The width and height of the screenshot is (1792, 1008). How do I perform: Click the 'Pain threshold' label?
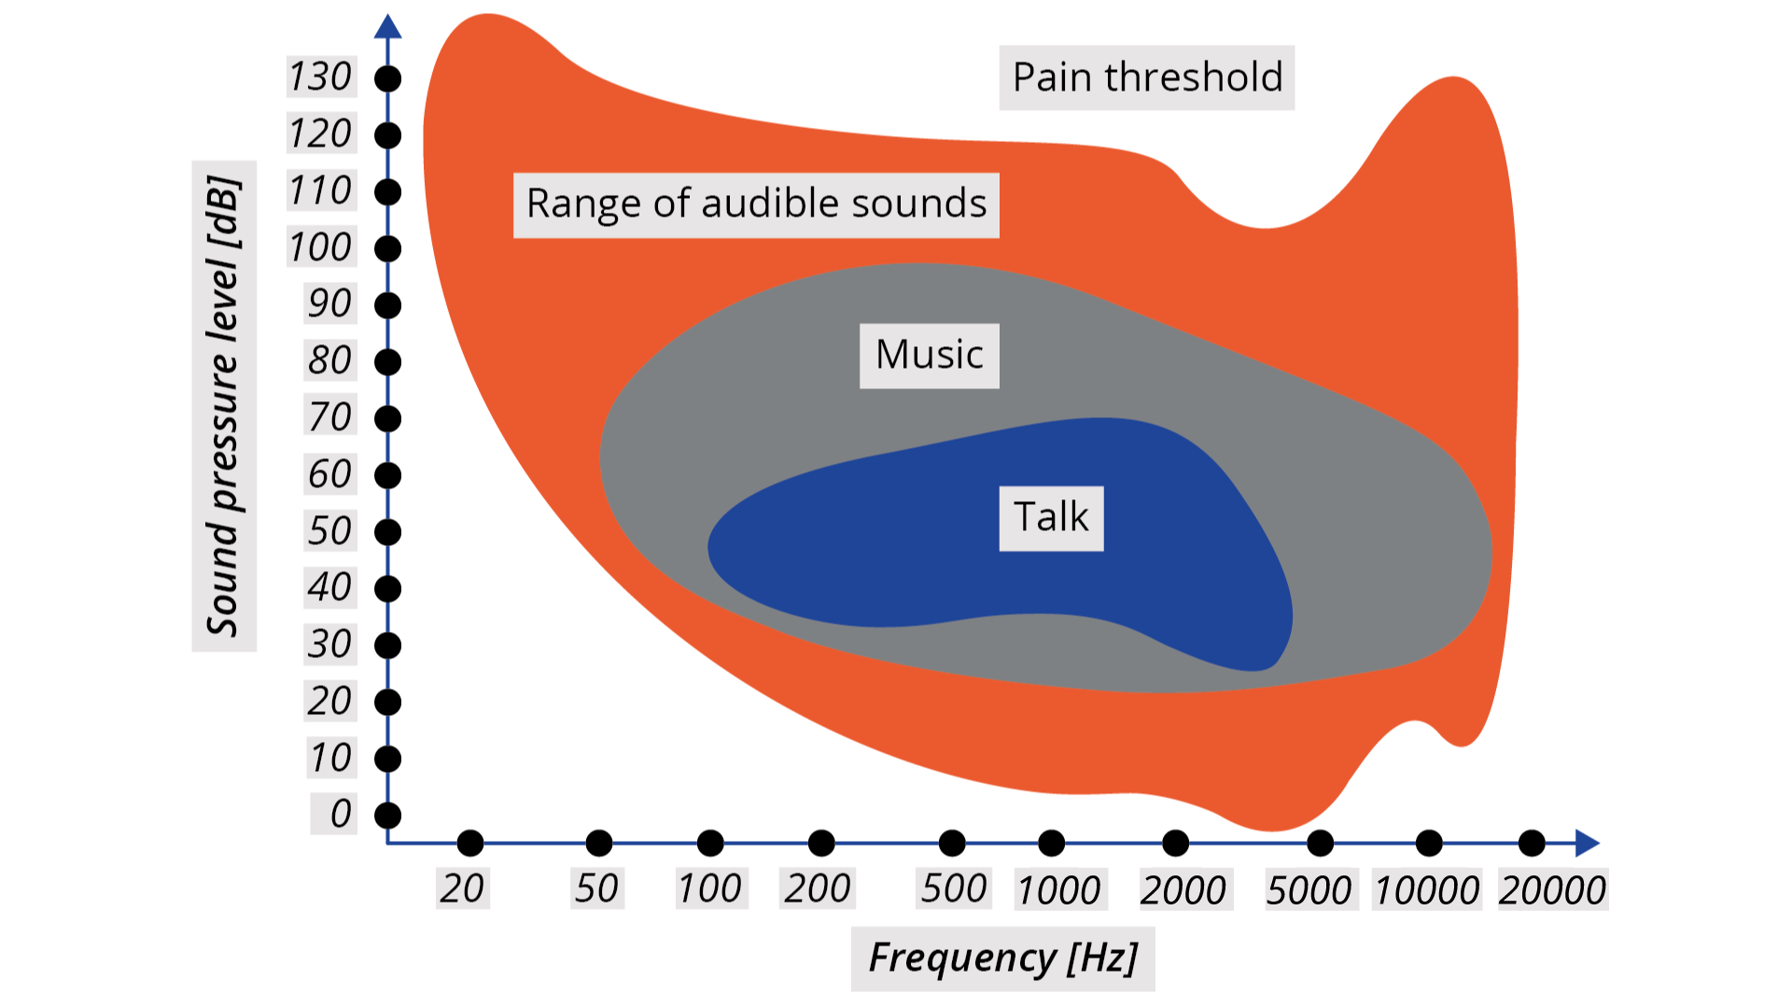1146,77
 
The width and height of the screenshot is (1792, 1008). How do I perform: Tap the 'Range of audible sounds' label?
756,204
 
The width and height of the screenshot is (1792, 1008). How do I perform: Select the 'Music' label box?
929,356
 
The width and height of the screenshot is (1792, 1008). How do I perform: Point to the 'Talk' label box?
1051,518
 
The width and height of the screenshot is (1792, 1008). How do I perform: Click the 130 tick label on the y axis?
320,77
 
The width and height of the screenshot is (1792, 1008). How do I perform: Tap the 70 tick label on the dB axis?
329,417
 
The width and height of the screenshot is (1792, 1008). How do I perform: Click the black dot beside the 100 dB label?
387,249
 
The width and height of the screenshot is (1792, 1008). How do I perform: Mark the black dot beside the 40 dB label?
387,589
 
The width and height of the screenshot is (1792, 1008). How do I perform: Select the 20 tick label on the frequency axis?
462,889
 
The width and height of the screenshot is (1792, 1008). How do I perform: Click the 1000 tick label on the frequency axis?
1059,890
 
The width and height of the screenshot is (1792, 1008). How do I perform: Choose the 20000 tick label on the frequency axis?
1552,890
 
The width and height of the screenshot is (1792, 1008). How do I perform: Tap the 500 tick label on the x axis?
954,889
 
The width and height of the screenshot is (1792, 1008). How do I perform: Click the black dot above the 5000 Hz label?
1320,843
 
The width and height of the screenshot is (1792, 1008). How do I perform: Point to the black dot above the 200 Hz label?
821,843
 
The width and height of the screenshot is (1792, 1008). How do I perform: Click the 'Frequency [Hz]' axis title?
1002,959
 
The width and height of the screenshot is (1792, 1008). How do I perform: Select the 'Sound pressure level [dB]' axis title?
224,406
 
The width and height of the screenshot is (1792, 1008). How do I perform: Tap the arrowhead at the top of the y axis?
387,26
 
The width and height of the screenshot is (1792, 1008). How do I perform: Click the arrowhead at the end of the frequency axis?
1587,843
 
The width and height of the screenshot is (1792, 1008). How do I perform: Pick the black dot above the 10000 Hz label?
1429,843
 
